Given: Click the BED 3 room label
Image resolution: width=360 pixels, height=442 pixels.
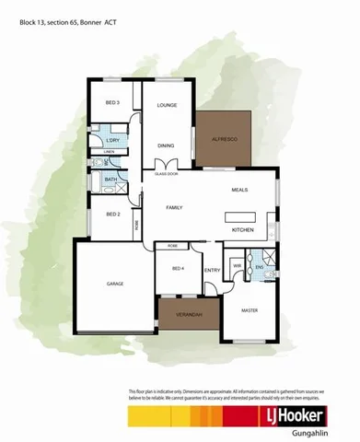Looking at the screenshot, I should [x=111, y=103].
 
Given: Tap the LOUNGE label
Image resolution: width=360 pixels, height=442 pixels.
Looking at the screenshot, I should [x=166, y=106].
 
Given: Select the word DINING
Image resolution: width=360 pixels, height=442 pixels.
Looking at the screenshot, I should [x=166, y=145].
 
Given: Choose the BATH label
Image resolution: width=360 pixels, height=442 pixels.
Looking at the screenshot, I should [x=110, y=180].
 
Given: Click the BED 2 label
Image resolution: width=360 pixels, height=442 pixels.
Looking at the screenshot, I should [x=112, y=214].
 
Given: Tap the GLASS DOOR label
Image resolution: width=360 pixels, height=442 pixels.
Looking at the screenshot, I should [x=166, y=172].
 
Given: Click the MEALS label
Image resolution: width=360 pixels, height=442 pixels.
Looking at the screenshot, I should [x=240, y=190].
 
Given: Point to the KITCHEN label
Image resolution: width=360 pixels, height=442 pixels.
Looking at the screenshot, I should [x=242, y=228].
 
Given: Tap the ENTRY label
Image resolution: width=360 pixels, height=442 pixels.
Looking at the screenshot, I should [x=213, y=269].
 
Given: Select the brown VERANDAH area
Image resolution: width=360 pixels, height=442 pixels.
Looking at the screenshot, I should [x=188, y=316].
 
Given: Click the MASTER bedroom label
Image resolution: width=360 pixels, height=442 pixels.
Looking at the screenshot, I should [x=250, y=310].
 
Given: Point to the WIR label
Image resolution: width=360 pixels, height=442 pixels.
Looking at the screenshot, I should [x=237, y=266].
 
